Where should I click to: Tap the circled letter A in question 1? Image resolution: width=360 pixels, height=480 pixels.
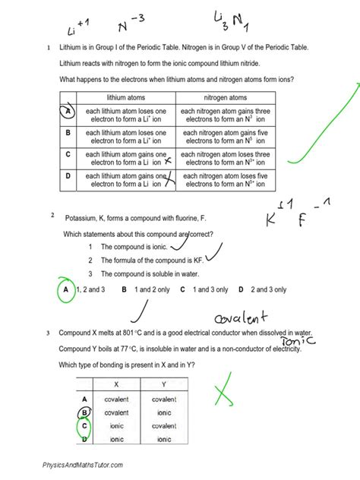pyautogui.click(x=68, y=112)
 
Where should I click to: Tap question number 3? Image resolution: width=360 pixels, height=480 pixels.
pyautogui.click(x=47, y=333)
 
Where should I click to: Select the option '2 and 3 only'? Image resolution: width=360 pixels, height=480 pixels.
pyautogui.click(x=261, y=289)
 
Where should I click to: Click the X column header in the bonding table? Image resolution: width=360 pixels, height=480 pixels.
pyautogui.click(x=115, y=384)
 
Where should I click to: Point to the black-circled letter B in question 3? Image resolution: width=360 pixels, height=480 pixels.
pyautogui.click(x=84, y=412)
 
